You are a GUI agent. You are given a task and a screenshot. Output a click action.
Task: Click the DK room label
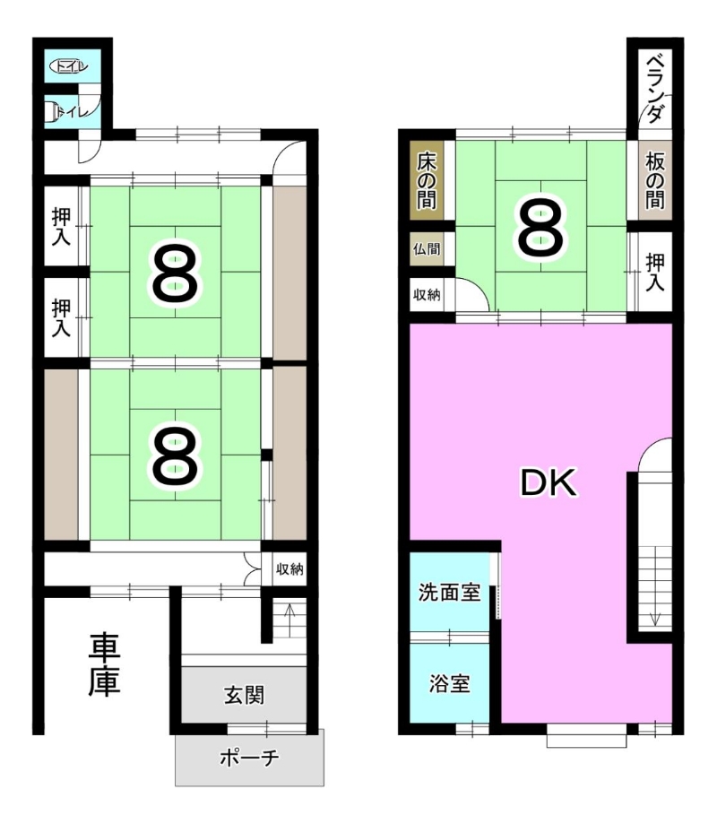(x=549, y=482)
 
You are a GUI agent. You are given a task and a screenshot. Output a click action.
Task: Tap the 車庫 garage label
(x=105, y=665)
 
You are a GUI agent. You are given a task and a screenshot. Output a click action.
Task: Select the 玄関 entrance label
(x=245, y=695)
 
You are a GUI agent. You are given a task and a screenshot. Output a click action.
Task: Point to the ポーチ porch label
(x=249, y=758)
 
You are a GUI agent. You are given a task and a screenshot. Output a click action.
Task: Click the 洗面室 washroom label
(x=449, y=593)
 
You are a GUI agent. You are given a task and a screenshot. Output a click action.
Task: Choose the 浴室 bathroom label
(x=449, y=684)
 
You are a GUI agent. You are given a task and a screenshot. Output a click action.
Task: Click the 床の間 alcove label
(x=427, y=181)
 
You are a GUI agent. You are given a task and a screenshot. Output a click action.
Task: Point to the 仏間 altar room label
(x=427, y=248)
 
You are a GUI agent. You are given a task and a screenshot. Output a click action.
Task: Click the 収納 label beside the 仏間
(x=427, y=295)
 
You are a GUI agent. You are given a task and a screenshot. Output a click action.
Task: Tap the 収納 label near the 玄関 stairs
(x=289, y=568)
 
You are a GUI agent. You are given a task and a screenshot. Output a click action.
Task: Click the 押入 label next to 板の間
(x=655, y=272)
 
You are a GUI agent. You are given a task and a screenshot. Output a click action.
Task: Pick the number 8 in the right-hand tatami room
(x=541, y=227)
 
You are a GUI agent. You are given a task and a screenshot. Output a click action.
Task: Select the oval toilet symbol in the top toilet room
(x=68, y=66)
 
